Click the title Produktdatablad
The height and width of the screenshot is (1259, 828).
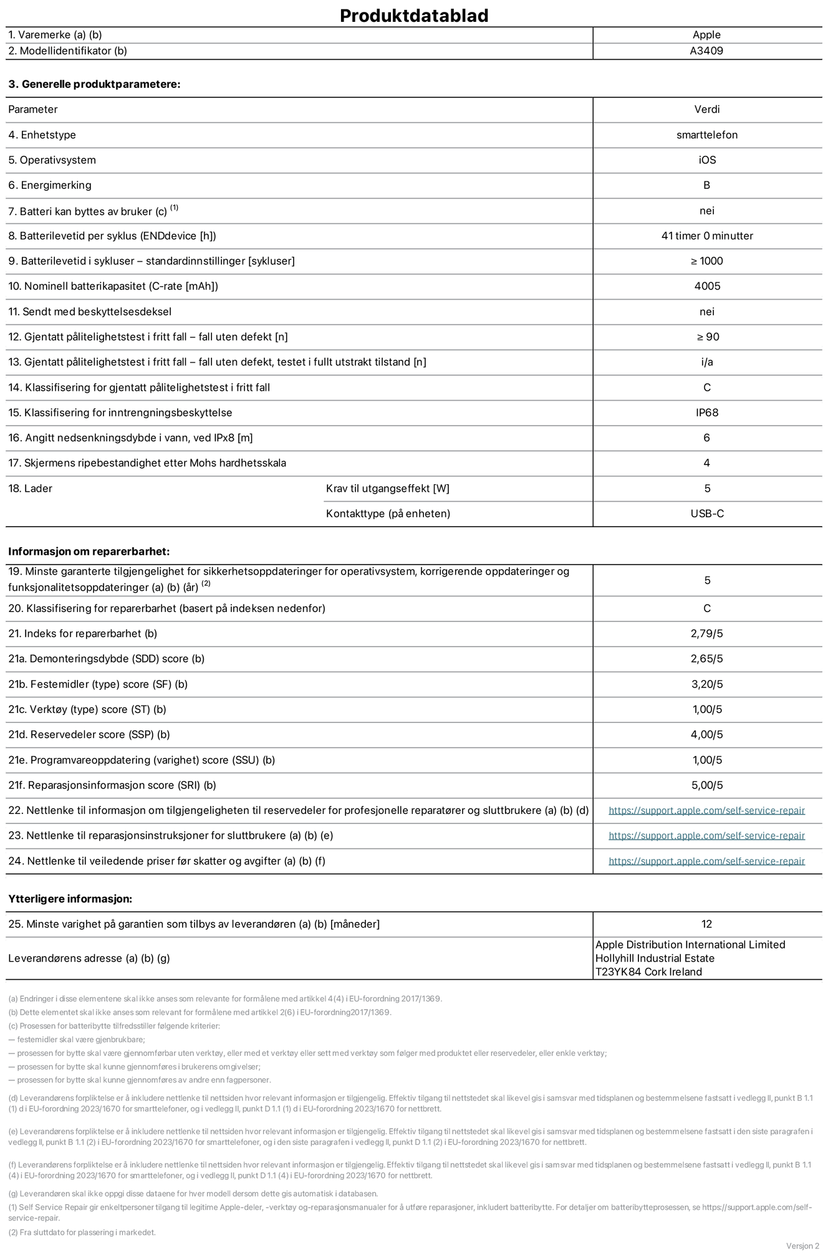coord(413,16)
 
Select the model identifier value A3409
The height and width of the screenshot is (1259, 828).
coord(706,51)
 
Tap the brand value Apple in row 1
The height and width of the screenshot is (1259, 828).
coord(706,35)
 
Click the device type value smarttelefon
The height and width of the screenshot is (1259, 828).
coord(706,135)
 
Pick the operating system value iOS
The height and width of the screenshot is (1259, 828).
coord(707,160)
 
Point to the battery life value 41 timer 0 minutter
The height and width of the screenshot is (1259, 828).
coord(707,236)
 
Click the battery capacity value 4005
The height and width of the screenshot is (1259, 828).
coord(707,286)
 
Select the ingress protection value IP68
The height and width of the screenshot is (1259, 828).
coord(707,413)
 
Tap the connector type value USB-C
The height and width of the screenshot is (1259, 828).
coord(707,514)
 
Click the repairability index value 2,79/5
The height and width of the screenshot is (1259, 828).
coord(707,633)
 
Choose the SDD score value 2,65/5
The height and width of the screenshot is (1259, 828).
coord(707,659)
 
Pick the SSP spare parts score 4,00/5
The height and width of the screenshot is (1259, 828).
coord(707,734)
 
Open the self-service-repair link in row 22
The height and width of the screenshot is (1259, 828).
coord(706,810)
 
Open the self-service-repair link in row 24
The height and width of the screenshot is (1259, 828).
coord(706,861)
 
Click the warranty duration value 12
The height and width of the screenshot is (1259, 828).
coord(706,924)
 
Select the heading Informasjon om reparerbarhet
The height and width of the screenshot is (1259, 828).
coord(89,552)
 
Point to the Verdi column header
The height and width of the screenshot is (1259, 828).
coord(707,109)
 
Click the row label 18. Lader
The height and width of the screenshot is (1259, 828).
coord(30,489)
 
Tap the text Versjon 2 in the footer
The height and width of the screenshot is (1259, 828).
coord(802,1246)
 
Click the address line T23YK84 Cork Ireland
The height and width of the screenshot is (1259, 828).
coord(648,972)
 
